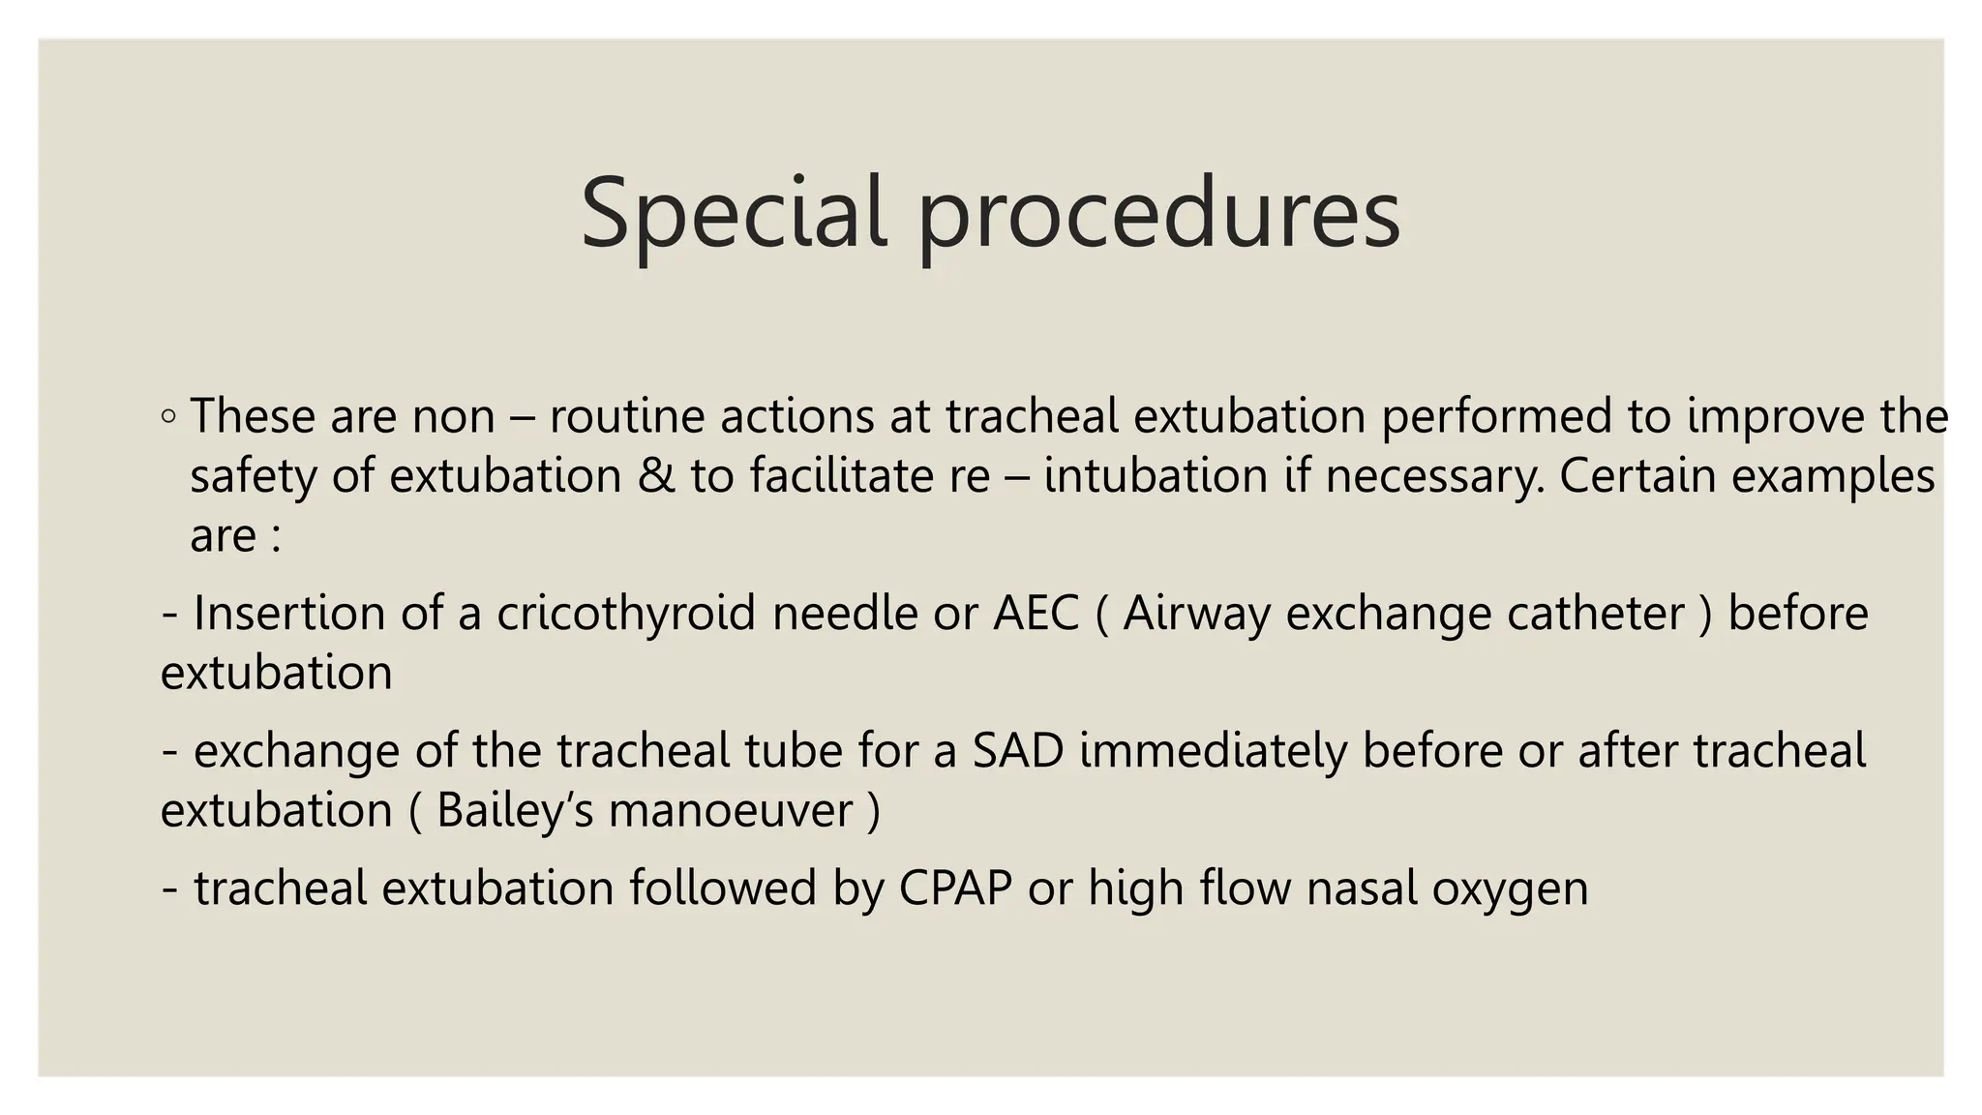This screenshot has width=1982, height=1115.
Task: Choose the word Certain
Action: coord(1637,476)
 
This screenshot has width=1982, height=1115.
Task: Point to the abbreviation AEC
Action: coord(1036,614)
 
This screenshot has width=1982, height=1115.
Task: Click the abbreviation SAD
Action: coord(1018,751)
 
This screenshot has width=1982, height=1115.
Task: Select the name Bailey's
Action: coord(515,811)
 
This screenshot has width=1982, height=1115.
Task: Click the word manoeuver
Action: coord(731,811)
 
